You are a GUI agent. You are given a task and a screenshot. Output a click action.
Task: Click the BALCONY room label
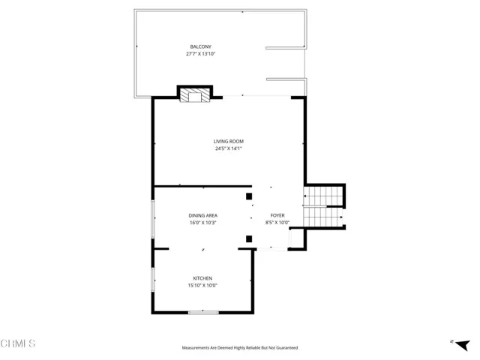(199, 46)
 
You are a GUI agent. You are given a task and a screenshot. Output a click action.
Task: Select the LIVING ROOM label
(229, 141)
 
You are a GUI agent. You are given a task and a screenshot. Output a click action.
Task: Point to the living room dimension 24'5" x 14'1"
(229, 148)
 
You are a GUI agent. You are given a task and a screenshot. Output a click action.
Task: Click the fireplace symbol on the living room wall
(195, 94)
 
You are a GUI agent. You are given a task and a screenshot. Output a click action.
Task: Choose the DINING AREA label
(202, 216)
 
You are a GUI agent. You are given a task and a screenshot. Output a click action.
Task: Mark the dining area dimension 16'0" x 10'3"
(202, 223)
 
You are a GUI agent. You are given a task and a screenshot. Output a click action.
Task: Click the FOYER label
(277, 216)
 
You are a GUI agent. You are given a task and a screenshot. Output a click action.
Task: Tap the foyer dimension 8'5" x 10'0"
(277, 223)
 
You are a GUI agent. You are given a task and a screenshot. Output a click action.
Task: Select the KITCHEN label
(202, 278)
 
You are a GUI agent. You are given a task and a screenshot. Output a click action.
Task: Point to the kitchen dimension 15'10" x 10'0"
(202, 285)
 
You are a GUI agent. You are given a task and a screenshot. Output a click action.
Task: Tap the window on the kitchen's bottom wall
(202, 312)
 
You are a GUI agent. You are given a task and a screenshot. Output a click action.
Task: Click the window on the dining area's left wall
(153, 217)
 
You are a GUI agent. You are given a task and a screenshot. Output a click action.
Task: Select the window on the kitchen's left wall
(153, 282)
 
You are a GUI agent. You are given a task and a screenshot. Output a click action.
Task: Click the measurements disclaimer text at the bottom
(240, 348)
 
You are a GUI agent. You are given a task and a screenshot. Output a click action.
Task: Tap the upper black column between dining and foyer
(249, 196)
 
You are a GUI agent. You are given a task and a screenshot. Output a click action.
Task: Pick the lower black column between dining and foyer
(249, 239)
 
